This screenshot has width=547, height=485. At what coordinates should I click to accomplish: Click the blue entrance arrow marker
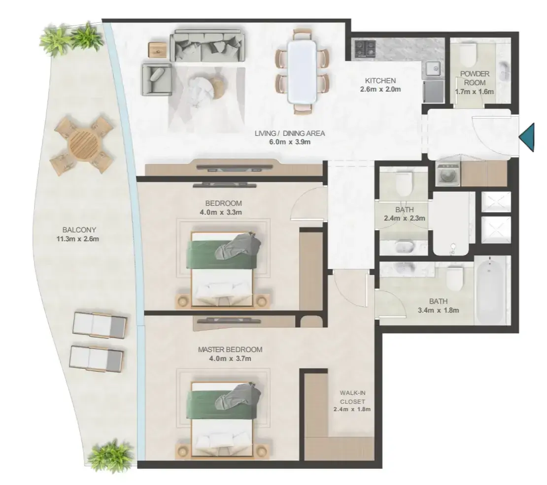click(527, 137)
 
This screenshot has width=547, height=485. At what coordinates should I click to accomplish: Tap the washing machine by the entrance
click(447, 173)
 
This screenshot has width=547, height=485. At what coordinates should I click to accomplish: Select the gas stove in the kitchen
click(365, 48)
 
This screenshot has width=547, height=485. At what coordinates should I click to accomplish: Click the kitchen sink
click(433, 69)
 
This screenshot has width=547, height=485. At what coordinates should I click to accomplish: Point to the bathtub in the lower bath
click(489, 290)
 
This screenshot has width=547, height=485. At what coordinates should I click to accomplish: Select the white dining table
click(302, 72)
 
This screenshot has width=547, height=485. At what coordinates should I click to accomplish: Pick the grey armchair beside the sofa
click(157, 79)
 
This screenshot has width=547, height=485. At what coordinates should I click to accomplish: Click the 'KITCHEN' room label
click(380, 81)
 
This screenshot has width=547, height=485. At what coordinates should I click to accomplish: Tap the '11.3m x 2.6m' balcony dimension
click(77, 239)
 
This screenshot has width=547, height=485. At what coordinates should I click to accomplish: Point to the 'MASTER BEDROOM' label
click(230, 350)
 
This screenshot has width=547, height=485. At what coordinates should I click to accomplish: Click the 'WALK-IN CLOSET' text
click(352, 397)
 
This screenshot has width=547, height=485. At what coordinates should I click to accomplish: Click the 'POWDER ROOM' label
click(475, 78)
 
